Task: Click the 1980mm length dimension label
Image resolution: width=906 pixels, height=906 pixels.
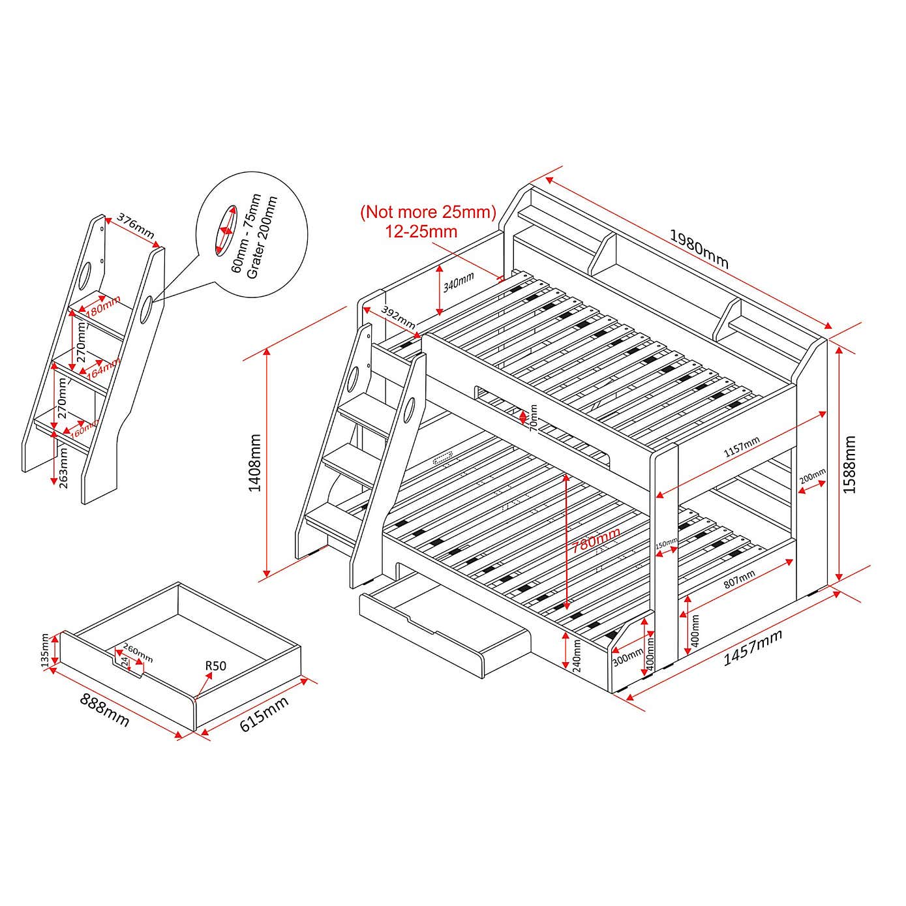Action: pos(699,249)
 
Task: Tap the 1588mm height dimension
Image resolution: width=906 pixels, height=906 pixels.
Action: pos(849,464)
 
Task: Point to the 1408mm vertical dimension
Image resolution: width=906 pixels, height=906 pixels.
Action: pos(255,462)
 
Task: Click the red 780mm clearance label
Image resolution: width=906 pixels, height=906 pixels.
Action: pos(596,540)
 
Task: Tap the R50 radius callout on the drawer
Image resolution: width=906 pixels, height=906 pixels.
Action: pos(215,666)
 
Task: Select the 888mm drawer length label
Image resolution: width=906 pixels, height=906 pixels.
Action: pos(104,710)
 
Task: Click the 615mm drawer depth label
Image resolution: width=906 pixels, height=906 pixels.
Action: pos(264,714)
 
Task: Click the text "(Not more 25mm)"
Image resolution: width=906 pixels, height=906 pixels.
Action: pos(429,212)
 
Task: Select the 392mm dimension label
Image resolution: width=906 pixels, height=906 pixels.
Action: pos(398,316)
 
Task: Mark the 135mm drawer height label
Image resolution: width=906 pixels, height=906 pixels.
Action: pos(44,651)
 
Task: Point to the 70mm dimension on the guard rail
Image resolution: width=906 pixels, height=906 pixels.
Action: pos(533,417)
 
